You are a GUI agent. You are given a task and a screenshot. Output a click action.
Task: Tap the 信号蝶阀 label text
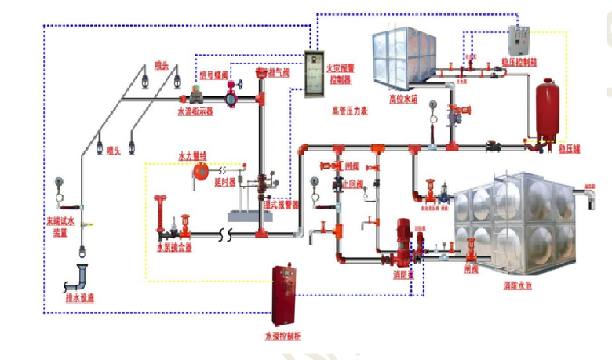point(214,75)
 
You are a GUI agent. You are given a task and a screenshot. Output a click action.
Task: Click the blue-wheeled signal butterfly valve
point(231,99)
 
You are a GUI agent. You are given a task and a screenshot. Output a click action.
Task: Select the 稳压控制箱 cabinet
point(519,40)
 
